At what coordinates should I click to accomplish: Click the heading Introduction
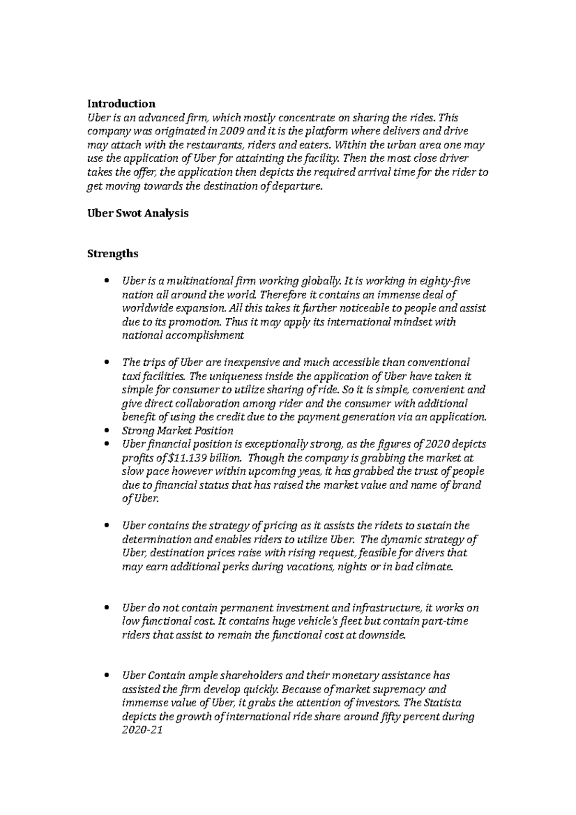click(x=121, y=104)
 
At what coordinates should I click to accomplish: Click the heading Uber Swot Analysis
click(x=137, y=214)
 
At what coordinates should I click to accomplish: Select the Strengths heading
click(x=112, y=253)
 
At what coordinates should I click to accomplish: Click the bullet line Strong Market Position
click(x=178, y=431)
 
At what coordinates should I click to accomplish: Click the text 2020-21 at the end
click(x=143, y=731)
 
